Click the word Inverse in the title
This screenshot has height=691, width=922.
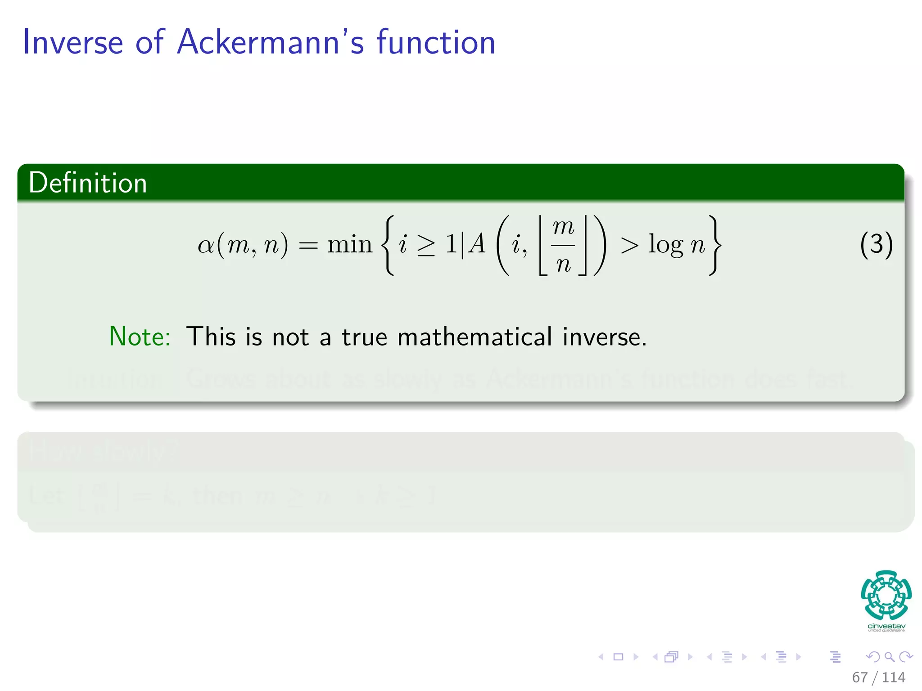coord(72,42)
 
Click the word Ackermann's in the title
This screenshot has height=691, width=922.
coord(270,42)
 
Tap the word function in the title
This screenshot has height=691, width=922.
coord(436,42)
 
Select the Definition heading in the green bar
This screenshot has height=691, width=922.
coord(88,183)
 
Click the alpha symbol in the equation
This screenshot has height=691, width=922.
coord(206,246)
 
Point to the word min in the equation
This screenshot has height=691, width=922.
coord(349,245)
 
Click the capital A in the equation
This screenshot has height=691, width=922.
coord(477,244)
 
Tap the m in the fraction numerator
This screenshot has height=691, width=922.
coord(563,227)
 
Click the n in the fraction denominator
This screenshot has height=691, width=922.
coord(563,264)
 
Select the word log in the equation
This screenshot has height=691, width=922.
coord(666,245)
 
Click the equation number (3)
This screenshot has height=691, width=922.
coord(876,245)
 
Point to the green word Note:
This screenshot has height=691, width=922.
coord(140,337)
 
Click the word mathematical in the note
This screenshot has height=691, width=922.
coord(475,337)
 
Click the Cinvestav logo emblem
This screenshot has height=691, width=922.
coord(886,595)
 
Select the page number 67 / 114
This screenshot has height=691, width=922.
coord(878,677)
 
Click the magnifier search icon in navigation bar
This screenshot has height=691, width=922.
coord(889,657)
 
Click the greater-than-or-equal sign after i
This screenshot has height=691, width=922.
coord(426,246)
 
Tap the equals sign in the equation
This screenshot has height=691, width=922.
coord(308,246)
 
